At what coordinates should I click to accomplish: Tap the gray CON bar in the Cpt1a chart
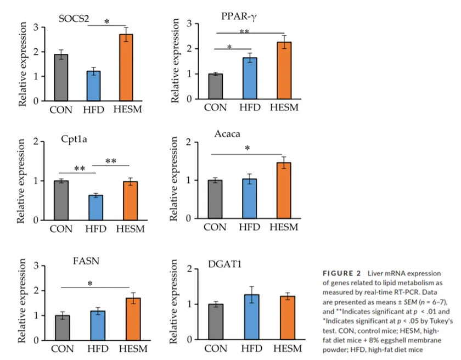coord(61,200)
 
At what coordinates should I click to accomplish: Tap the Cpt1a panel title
coord(75,139)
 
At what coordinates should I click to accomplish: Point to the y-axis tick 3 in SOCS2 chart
coord(36,27)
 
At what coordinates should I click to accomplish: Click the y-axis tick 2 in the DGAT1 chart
coord(189,269)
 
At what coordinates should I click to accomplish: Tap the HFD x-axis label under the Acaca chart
coord(250,227)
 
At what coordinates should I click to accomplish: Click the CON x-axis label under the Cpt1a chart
coord(61,229)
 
